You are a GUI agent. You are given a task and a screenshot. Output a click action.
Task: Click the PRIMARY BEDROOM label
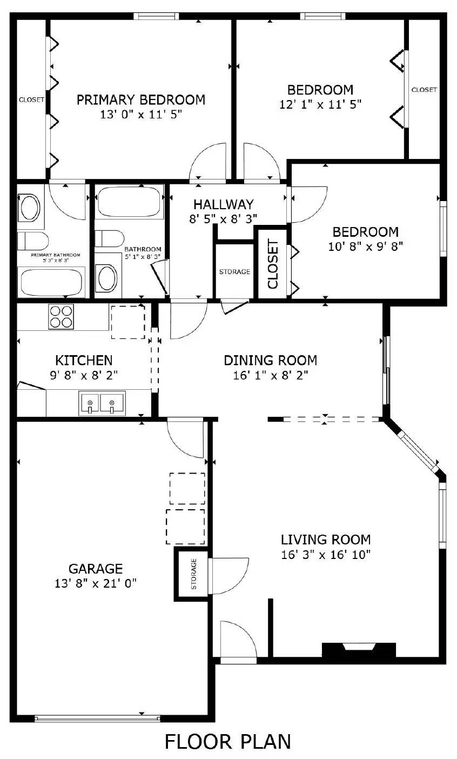tap(140, 100)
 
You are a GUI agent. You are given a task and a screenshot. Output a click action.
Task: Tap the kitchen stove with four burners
tap(61, 317)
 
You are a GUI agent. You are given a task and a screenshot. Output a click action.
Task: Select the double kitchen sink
tap(102, 403)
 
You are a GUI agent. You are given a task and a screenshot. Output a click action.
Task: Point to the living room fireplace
tap(359, 649)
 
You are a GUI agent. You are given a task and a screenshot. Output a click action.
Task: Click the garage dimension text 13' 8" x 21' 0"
tap(96, 583)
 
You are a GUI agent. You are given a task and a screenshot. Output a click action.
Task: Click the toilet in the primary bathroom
tap(32, 239)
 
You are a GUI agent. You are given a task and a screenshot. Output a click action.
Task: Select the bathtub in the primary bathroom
tap(51, 282)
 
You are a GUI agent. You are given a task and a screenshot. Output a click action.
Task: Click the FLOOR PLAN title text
tap(228, 742)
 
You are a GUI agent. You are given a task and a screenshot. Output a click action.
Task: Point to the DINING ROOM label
tap(270, 360)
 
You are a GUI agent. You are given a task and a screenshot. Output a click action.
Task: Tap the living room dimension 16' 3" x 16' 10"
tap(325, 555)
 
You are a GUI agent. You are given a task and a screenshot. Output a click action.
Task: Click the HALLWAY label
tap(223, 204)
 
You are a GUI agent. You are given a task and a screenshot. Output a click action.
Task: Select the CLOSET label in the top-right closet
tap(424, 90)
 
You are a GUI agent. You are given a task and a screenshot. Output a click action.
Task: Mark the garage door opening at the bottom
tap(97, 718)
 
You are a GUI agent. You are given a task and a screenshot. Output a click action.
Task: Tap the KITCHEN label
tap(84, 360)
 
